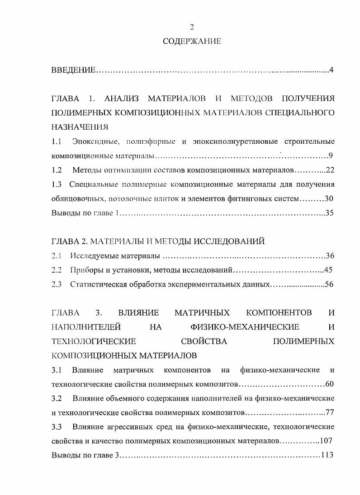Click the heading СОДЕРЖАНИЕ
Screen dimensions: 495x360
(x=192, y=42)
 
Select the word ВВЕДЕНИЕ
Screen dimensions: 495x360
(x=73, y=70)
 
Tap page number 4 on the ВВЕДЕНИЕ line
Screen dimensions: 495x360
(x=332, y=70)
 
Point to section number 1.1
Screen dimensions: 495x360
(x=57, y=142)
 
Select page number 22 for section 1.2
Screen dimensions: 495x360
(x=329, y=170)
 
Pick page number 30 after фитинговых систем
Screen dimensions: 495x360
(x=329, y=198)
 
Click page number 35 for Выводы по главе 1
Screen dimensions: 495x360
(x=329, y=212)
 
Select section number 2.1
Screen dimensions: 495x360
(x=57, y=256)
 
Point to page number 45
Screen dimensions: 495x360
(x=328, y=270)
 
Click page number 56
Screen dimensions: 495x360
(x=329, y=284)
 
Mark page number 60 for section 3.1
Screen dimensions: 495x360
(x=329, y=384)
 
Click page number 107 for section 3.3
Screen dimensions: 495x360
(x=327, y=441)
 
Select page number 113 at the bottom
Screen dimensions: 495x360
(x=327, y=455)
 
